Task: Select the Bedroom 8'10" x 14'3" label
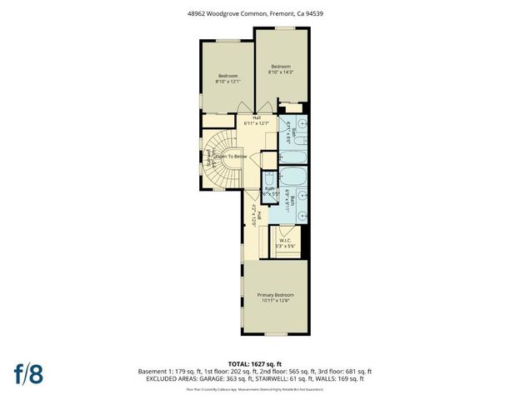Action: coord(280,69)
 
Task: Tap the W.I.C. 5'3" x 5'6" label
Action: coord(285,243)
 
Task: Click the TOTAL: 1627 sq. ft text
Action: coord(254,363)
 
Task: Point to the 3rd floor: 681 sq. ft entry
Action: coord(345,371)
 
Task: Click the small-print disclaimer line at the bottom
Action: coord(254,388)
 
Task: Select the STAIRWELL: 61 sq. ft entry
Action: coord(301,379)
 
